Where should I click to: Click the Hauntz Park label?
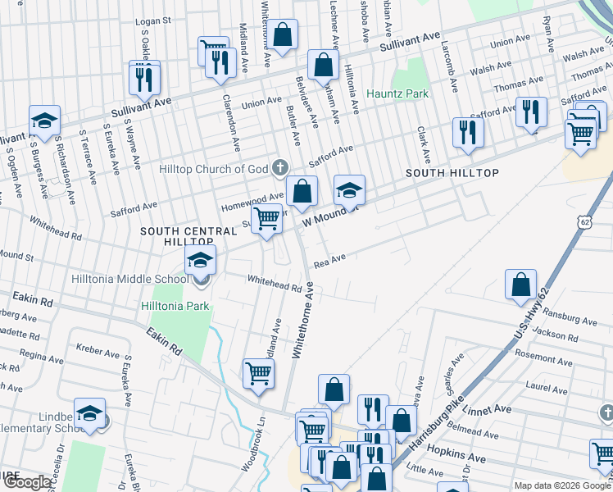pos(397,94)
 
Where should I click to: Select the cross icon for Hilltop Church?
pos(280,169)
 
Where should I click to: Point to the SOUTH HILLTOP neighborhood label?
pos(452,174)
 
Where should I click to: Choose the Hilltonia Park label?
pos(175,306)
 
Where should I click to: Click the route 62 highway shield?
pos(583,222)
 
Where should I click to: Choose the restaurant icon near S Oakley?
pos(145,80)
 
